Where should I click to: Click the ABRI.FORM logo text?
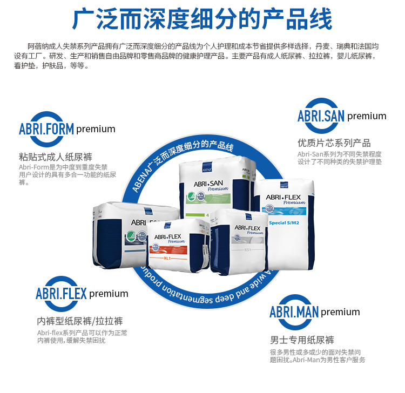[x=46, y=129]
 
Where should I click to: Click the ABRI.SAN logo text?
[x=321, y=116]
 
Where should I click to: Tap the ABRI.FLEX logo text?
[x=61, y=294]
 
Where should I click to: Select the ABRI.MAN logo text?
[x=294, y=312]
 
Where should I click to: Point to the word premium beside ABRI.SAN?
[x=367, y=116]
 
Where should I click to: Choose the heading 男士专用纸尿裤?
[x=302, y=340]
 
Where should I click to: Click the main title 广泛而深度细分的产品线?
[x=202, y=20]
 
